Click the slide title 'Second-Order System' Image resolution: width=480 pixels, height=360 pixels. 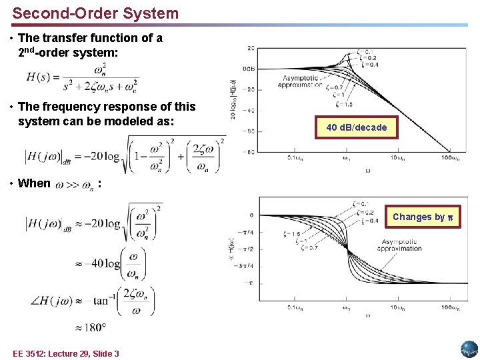[x=95, y=13]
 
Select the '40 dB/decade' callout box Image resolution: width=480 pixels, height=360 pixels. [x=357, y=127]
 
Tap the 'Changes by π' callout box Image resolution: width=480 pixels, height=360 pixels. [x=423, y=217]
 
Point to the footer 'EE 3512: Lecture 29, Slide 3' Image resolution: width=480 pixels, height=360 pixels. [x=65, y=353]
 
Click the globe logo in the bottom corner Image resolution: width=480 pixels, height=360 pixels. [x=469, y=349]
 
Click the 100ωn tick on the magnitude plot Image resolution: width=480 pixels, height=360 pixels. [x=450, y=158]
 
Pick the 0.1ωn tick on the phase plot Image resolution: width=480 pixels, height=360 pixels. [x=296, y=307]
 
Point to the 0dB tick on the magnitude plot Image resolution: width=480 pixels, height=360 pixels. [x=248, y=69]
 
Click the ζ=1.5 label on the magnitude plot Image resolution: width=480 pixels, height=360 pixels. [x=343, y=104]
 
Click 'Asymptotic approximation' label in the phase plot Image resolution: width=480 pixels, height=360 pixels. [x=399, y=245]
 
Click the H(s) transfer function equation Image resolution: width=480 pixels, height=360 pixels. [x=82, y=77]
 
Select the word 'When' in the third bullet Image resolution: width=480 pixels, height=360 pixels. [x=34, y=183]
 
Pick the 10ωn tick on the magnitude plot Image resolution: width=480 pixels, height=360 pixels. [x=398, y=158]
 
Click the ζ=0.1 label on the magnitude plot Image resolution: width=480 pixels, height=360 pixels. [x=365, y=51]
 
